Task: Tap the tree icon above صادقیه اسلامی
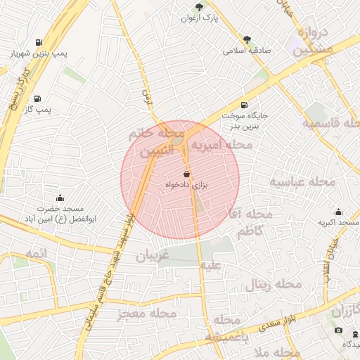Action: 246,39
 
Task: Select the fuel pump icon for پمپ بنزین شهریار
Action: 37,41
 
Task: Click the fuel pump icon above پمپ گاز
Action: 36,98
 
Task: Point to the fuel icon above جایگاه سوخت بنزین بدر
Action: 244,104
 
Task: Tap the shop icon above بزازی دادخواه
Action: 186,173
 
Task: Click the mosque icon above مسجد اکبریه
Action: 338,212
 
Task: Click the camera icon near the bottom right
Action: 338,330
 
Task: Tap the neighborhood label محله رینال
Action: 274,285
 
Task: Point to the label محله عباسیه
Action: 297,183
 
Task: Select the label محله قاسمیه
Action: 330,123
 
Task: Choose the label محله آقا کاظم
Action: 252,222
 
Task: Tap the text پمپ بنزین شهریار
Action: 33,53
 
